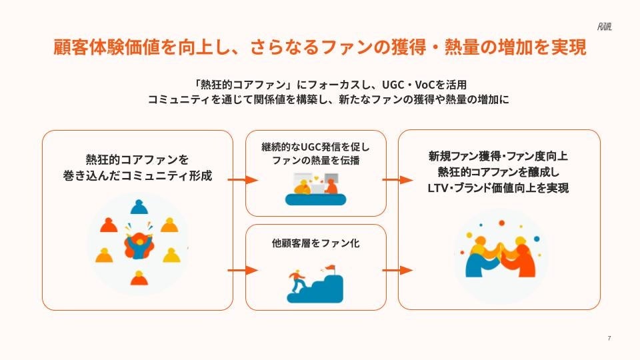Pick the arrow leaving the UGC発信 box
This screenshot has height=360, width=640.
[398, 180]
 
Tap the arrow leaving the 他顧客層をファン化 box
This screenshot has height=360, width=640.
[398, 270]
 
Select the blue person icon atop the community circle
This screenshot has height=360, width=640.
[138, 207]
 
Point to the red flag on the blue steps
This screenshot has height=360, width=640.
[329, 269]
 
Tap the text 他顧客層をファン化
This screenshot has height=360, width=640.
[316, 243]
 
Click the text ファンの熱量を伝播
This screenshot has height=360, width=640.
[316, 161]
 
